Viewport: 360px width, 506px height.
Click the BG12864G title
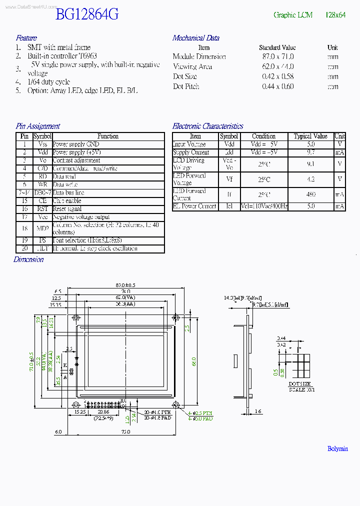(87, 14)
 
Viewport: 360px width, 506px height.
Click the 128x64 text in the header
(335, 15)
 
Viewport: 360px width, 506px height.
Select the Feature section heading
(26, 38)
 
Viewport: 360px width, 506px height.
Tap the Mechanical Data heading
(195, 38)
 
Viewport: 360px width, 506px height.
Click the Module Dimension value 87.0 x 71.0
(277, 57)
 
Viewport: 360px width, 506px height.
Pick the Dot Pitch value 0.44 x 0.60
(277, 86)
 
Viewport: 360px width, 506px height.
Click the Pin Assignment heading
(37, 126)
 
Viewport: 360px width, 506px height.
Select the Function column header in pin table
(108, 136)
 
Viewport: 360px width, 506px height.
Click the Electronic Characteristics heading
(207, 126)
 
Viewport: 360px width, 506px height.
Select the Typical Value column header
(310, 136)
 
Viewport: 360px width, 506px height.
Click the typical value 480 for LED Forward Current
(310, 194)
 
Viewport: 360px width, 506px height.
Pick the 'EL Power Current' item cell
(195, 206)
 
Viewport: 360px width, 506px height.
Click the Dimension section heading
(28, 259)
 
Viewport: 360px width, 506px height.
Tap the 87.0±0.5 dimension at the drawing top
(125, 284)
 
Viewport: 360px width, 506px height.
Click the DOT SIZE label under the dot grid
(300, 384)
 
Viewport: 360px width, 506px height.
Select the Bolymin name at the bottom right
(337, 448)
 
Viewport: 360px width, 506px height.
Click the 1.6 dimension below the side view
(257, 411)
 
